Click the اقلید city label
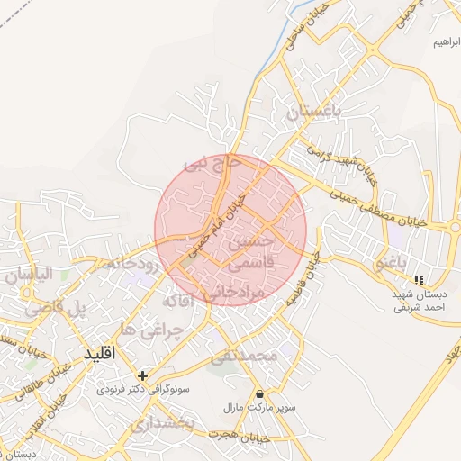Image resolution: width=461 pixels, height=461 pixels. click(100, 355)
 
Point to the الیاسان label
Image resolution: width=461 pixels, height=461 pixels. click(31, 274)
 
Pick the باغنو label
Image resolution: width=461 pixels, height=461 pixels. click(392, 262)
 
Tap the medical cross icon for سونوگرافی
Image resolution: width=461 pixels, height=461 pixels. click(142, 375)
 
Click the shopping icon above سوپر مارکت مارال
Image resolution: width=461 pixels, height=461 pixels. click(260, 393)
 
